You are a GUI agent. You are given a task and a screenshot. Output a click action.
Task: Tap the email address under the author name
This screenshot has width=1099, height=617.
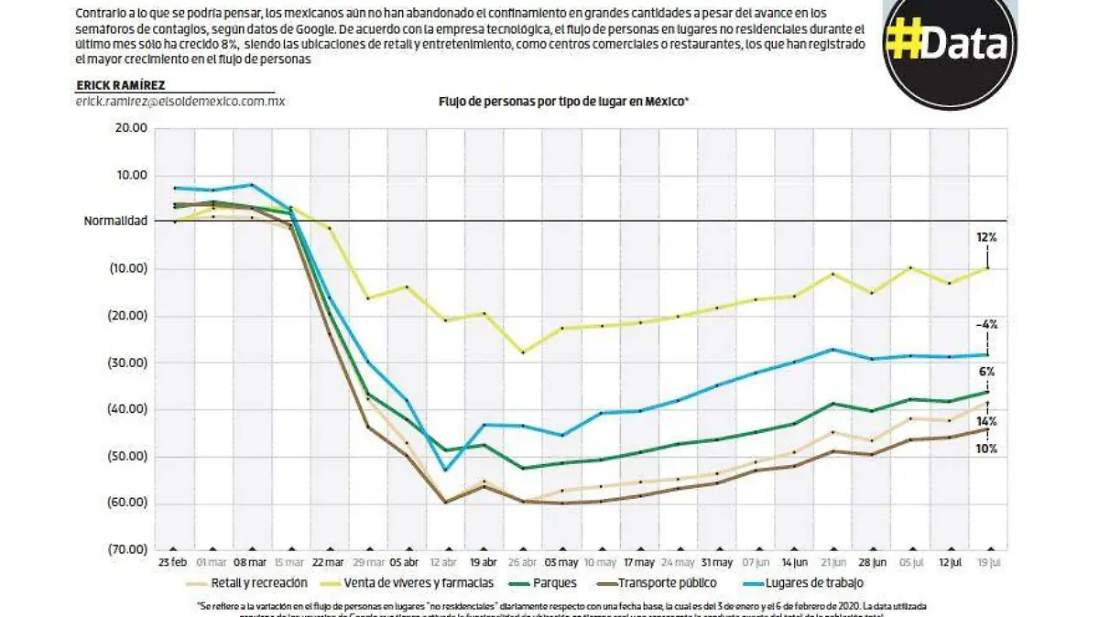180,102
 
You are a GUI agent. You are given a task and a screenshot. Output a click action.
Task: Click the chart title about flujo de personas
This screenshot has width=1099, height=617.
563,103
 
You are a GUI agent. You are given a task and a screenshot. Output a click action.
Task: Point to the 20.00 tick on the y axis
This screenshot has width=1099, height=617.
131,129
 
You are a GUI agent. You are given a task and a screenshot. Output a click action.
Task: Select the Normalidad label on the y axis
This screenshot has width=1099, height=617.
115,222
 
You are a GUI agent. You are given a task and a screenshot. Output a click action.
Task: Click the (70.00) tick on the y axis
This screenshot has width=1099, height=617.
128,550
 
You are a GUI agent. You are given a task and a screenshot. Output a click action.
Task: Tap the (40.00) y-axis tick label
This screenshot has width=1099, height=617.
128,409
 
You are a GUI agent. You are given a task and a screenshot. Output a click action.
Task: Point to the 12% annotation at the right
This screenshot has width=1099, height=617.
986,237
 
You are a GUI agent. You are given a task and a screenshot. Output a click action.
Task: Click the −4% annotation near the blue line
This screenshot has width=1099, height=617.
986,324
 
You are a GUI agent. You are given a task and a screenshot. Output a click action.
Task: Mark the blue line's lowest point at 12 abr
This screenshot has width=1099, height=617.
445,471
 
